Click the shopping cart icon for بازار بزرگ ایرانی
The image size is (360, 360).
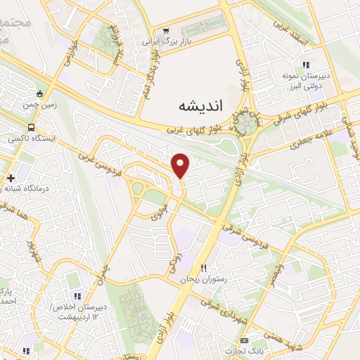(167, 30)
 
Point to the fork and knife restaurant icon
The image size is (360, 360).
(205, 268)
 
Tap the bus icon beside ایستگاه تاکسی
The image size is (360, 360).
(31, 127)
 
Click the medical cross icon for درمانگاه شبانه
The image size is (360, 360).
(11, 177)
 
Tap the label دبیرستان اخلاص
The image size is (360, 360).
(78, 308)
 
